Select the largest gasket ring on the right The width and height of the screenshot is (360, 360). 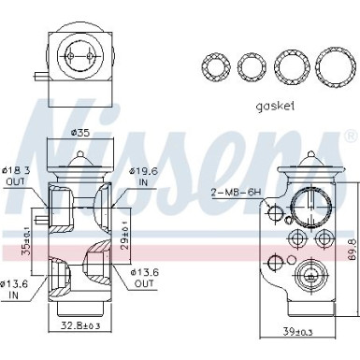(x=333, y=66)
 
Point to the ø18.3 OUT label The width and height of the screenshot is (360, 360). (x=18, y=174)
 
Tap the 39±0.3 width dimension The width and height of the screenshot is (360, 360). (x=298, y=331)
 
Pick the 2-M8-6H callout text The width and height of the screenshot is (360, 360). (x=232, y=192)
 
